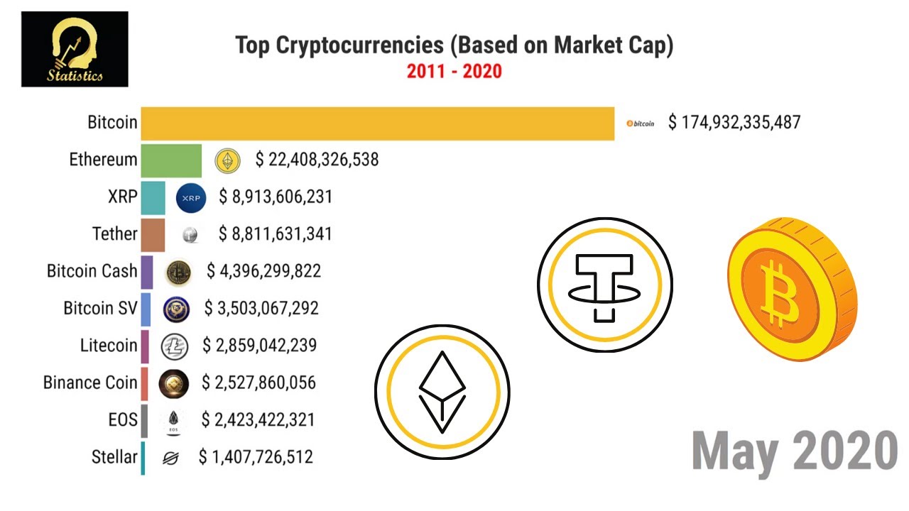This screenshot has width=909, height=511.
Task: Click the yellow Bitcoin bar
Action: point(377,123)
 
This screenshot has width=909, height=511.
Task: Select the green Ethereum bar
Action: point(171,160)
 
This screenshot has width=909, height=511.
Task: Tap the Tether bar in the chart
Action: point(153,234)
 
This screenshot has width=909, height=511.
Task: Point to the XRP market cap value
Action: point(276,197)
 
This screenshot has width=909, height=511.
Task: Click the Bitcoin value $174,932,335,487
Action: point(734,122)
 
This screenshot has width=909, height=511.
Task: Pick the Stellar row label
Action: point(114,457)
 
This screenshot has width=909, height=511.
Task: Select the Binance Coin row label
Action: point(90,383)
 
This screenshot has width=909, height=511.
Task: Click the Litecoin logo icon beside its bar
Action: point(174,346)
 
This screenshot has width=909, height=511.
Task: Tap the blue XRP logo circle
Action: point(191,197)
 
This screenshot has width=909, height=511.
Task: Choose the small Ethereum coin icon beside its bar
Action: point(228,160)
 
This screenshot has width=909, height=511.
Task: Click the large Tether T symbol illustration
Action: point(604,285)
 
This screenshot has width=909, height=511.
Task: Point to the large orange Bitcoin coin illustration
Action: point(791,289)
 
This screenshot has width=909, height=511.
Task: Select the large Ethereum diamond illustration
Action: point(442,391)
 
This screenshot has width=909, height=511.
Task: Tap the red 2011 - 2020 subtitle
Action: point(454,71)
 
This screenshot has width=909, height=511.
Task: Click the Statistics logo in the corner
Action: point(75,49)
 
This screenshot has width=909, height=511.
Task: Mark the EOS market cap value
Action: point(258,420)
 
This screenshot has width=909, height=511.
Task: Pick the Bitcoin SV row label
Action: point(100,308)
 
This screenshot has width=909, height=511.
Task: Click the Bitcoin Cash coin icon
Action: point(178,272)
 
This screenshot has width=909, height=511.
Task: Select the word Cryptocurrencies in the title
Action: point(360,45)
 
